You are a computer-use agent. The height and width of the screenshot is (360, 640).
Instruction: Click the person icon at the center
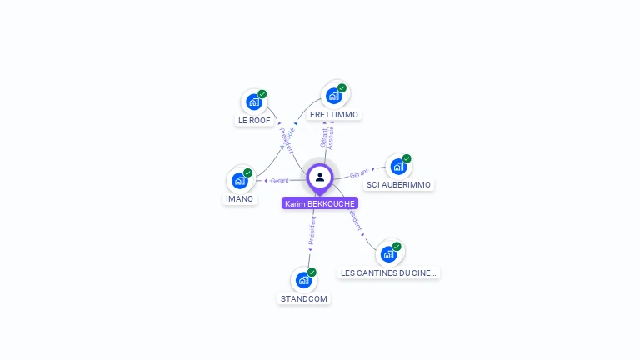(320, 177)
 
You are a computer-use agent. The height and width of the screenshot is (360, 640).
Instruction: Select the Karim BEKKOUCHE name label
(320, 203)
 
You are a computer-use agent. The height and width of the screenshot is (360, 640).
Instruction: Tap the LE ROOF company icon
(253, 102)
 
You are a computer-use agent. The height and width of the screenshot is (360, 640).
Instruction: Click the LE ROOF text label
(254, 120)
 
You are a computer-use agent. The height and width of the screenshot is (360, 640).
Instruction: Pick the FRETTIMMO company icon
(334, 95)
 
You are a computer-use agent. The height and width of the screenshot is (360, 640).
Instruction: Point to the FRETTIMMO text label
(333, 114)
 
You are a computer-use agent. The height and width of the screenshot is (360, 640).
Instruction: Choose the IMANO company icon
(239, 180)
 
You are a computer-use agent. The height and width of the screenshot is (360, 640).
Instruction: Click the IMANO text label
(239, 198)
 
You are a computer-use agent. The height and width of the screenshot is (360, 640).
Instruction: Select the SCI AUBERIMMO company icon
(398, 166)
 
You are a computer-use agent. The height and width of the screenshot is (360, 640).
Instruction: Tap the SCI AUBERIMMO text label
(399, 184)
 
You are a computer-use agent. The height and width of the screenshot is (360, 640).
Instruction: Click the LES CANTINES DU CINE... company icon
(388, 253)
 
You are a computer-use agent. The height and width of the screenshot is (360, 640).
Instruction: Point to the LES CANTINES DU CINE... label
(389, 272)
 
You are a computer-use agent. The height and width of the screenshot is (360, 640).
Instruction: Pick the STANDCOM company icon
(303, 280)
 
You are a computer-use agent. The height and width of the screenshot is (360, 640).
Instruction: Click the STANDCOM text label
(304, 298)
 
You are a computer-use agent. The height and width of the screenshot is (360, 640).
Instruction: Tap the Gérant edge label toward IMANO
(279, 180)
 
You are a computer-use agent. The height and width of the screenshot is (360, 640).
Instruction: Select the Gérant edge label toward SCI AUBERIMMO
(359, 172)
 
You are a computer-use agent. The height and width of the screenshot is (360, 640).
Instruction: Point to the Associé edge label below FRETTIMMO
(331, 138)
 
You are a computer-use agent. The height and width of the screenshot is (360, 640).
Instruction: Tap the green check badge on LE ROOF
(262, 94)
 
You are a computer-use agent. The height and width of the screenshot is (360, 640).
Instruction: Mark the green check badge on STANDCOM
(312, 272)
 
